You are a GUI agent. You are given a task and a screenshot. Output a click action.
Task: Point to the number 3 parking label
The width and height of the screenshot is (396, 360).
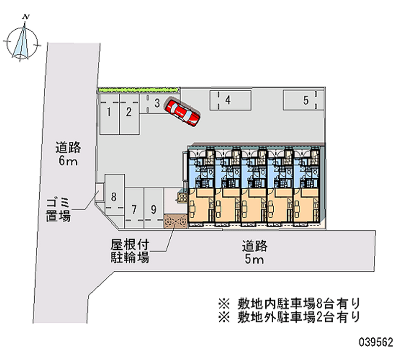(x=156, y=103)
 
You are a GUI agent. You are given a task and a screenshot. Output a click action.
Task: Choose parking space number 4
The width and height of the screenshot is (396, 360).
(x=227, y=100)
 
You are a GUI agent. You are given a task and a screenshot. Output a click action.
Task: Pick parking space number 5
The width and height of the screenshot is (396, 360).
(x=305, y=101)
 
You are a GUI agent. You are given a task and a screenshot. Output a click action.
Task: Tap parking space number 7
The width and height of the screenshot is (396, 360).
(x=134, y=209)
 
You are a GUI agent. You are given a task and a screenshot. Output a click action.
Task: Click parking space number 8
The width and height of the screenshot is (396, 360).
(x=114, y=197)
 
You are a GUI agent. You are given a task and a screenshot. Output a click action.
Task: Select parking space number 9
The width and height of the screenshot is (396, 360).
(x=153, y=209)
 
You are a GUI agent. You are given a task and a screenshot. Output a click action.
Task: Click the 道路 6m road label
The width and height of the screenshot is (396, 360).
(x=68, y=154)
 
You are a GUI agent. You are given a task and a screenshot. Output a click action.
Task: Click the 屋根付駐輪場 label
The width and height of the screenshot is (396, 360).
(x=130, y=252)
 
